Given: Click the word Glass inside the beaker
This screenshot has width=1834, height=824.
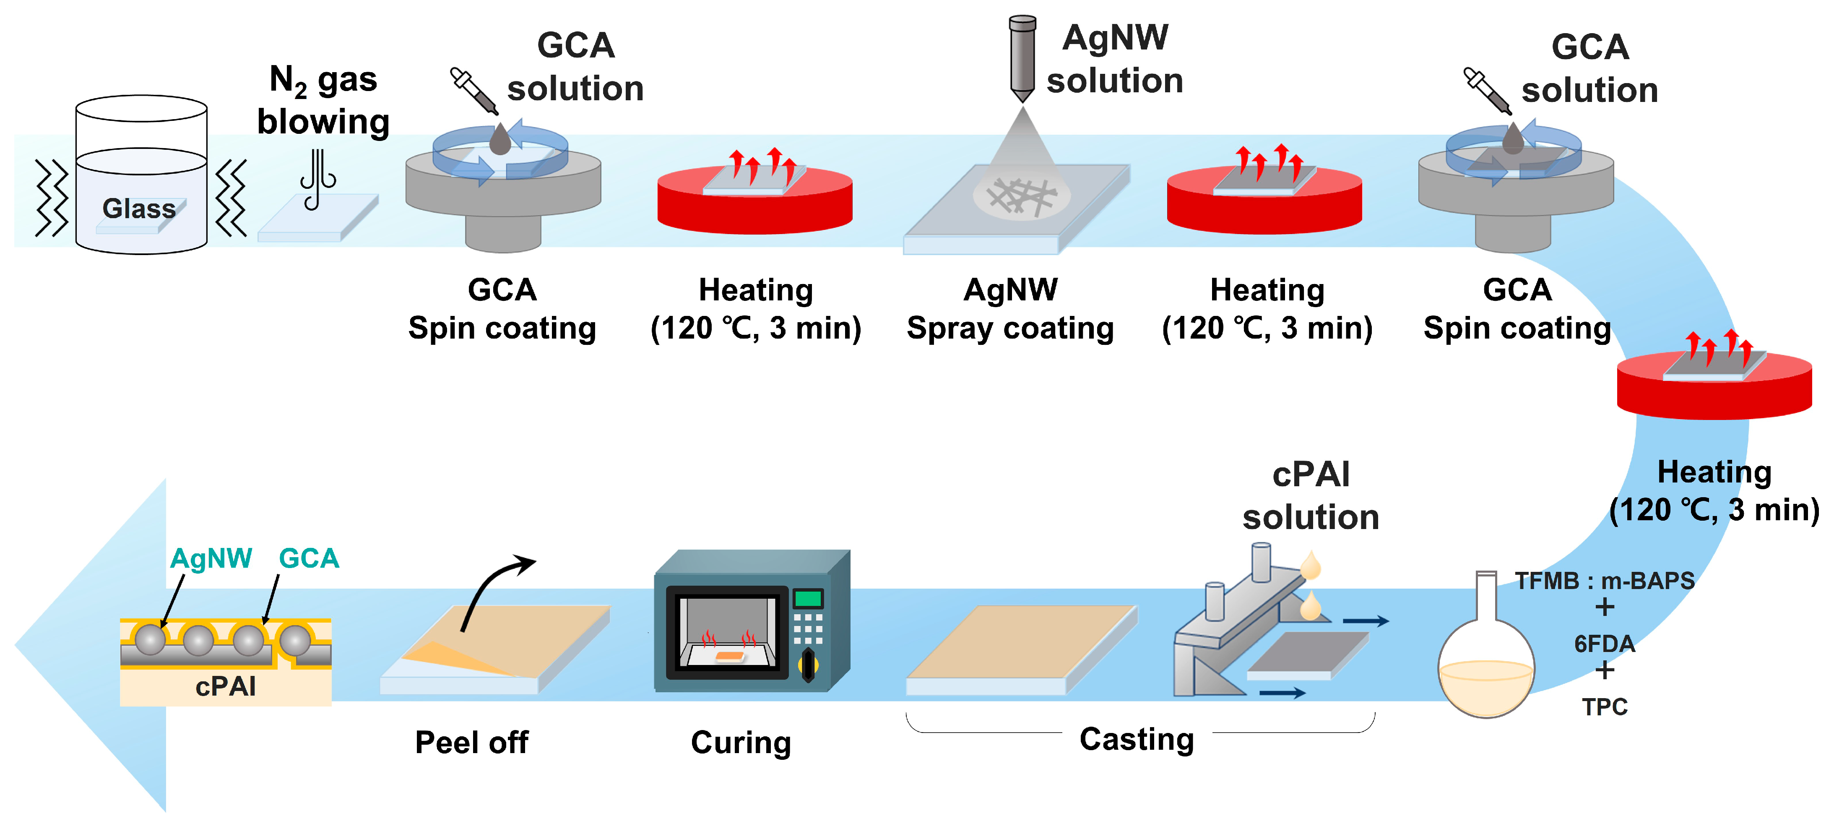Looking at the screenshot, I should (139, 209).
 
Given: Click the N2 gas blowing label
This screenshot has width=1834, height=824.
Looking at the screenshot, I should (323, 100).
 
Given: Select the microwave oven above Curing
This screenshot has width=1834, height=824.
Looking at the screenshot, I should (751, 621).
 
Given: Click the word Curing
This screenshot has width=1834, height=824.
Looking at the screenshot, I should (740, 742).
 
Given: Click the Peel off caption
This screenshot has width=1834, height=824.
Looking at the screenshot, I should (471, 742).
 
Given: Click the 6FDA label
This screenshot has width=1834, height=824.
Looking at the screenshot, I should (1604, 644).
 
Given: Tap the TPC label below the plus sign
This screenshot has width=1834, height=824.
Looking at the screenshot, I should (1604, 707).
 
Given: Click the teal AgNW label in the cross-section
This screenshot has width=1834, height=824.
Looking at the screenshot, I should (211, 558).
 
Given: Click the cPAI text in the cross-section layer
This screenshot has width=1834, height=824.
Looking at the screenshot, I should (226, 686).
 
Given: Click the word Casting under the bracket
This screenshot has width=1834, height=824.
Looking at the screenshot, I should (1136, 739).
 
